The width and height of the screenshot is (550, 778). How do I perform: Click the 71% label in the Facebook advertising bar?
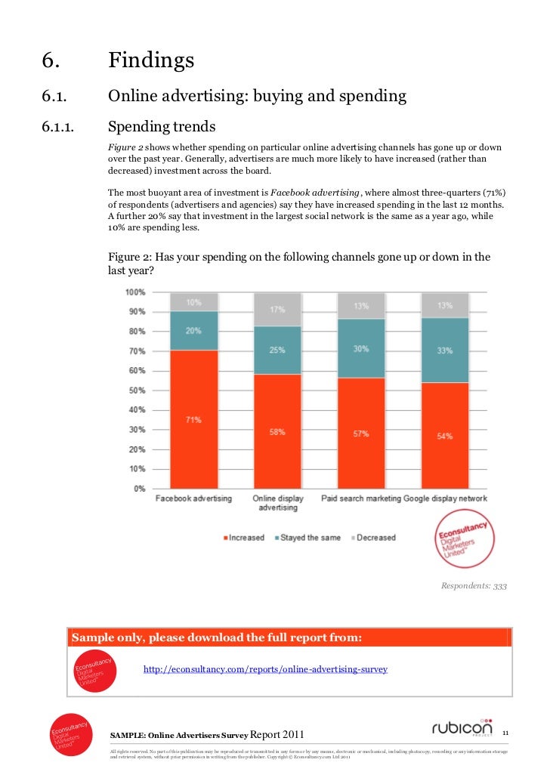(x=194, y=419)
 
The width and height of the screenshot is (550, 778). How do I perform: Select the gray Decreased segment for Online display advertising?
(x=277, y=309)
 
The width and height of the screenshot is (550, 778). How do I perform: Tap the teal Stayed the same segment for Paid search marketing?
(x=361, y=348)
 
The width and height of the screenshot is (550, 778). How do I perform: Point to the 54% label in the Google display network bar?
(x=444, y=436)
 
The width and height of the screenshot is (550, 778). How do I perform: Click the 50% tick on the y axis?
(x=135, y=391)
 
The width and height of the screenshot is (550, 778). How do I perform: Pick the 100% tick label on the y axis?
(x=134, y=292)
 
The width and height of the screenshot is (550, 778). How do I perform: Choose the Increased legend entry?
(x=243, y=538)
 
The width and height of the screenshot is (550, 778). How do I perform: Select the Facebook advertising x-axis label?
(x=193, y=499)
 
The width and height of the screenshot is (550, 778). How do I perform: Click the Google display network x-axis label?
(x=446, y=499)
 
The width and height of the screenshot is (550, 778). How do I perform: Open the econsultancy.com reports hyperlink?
(x=265, y=669)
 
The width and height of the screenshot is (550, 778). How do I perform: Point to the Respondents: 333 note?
(x=474, y=585)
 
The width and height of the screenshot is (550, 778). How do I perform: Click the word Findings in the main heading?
(x=151, y=60)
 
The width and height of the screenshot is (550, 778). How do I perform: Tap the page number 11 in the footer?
(x=506, y=731)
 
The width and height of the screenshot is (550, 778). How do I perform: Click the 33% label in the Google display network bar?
(x=444, y=350)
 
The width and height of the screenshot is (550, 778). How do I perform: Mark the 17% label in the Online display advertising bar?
(x=277, y=309)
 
